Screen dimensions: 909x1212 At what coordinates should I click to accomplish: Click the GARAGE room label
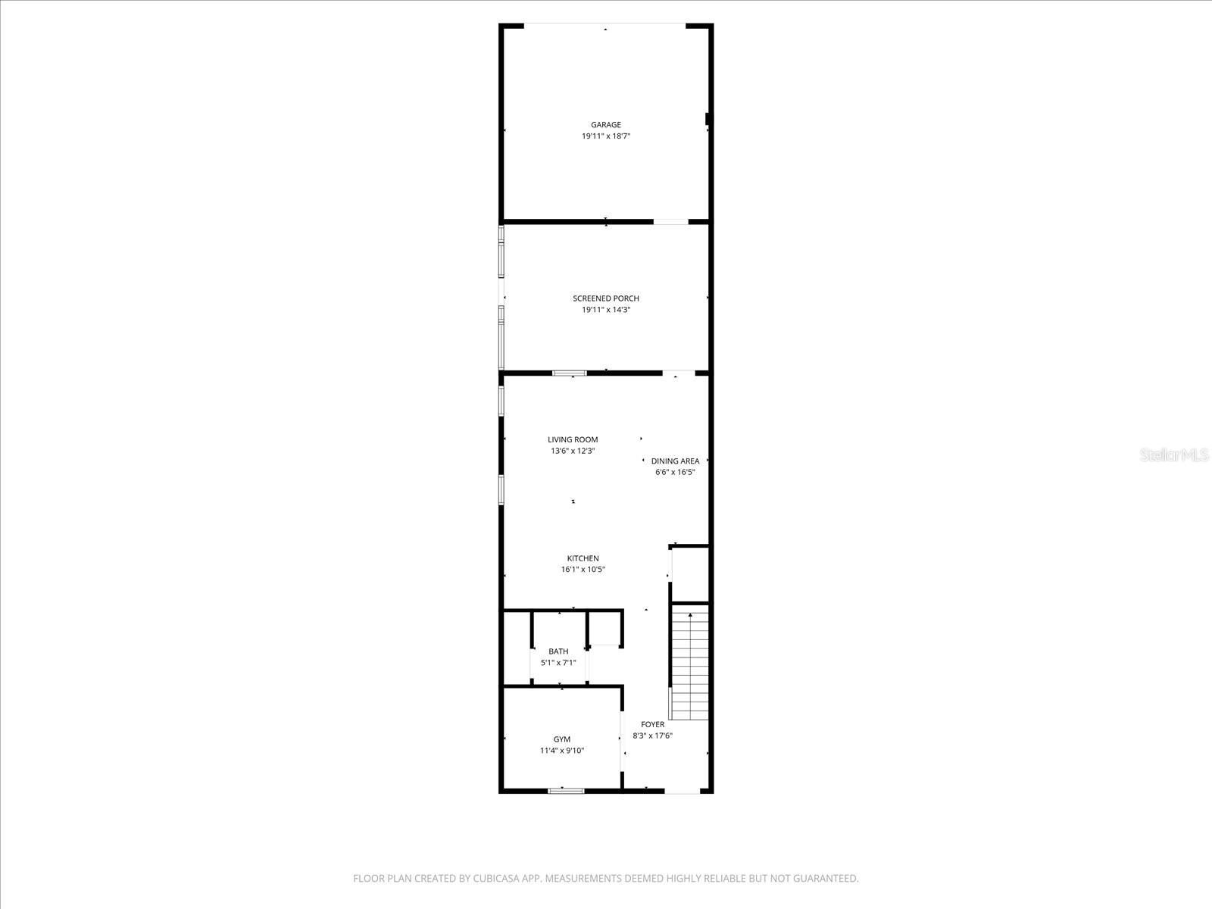coord(606,125)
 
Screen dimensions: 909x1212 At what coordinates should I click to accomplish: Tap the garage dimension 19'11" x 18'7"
coord(606,136)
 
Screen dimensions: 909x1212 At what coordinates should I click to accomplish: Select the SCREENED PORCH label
coord(606,298)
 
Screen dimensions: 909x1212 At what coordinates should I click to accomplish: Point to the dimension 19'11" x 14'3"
coord(606,310)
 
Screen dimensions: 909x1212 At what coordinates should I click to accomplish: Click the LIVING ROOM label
coord(573,439)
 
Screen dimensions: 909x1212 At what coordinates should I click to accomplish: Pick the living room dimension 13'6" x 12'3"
coord(573,451)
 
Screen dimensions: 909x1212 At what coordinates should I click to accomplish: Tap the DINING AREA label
coord(675,461)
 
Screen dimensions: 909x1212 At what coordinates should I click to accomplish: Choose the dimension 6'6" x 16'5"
coord(675,472)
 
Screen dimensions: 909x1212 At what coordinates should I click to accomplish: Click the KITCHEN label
coord(583,558)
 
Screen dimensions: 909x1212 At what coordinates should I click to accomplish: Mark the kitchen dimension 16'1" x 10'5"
coord(583,570)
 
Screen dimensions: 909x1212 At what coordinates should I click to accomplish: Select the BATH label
coord(558,651)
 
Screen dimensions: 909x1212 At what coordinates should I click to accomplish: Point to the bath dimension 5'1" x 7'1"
coord(558,663)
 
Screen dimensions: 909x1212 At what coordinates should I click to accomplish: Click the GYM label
coord(562,739)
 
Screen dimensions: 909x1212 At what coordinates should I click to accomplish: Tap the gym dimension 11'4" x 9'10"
coord(562,751)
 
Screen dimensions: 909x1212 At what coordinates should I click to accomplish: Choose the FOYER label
coord(652,724)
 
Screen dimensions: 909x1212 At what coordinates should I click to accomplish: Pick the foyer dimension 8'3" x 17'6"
coord(652,736)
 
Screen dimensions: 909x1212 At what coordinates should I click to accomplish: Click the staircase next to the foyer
coord(690,663)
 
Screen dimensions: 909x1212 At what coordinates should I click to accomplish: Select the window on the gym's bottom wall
coord(567,791)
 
